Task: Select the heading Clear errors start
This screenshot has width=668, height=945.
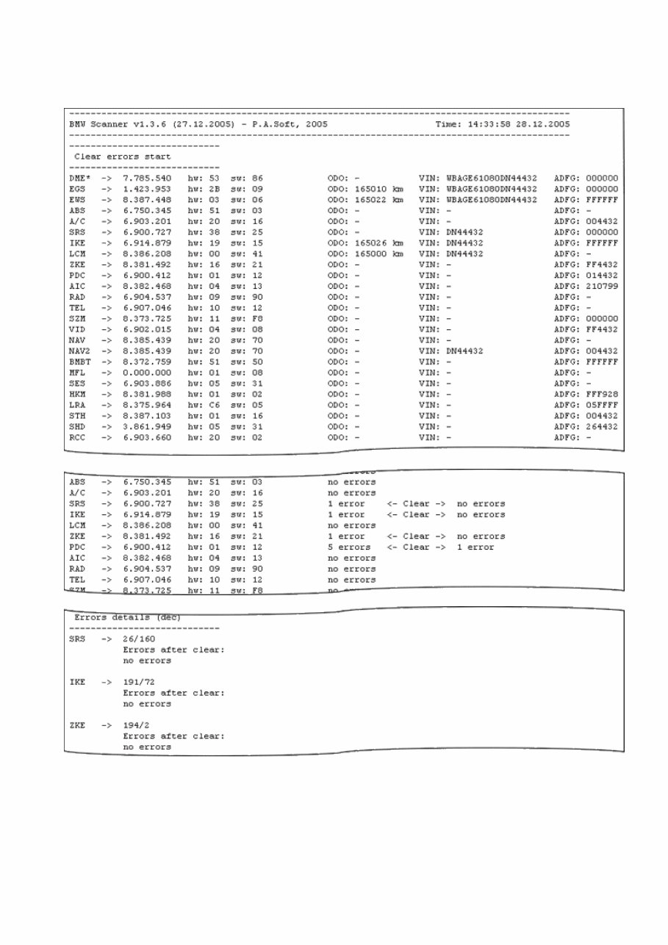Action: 123,157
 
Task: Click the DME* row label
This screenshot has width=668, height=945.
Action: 79,179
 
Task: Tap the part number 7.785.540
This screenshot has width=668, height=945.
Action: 147,179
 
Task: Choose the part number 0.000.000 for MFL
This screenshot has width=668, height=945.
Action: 147,373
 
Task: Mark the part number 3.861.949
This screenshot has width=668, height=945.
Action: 147,426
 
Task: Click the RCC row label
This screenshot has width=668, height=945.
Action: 76,437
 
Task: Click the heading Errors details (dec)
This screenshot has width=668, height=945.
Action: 127,617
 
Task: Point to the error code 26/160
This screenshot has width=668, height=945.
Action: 138,639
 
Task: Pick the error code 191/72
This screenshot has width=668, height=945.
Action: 138,682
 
